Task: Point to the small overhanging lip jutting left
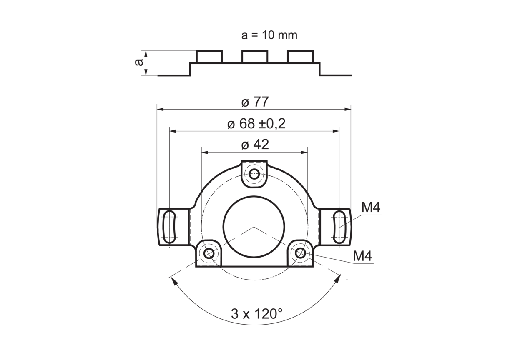(x=243, y=36)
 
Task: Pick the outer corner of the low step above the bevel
(x=142, y=51)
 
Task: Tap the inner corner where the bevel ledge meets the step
(x=142, y=59)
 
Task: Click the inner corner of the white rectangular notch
(x=158, y=245)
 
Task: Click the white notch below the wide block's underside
(x=146, y=300)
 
